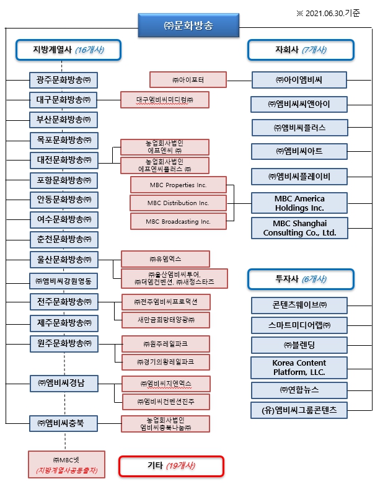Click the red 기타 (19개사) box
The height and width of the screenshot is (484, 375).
coord(170,465)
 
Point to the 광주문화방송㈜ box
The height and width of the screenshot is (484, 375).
coord(63,80)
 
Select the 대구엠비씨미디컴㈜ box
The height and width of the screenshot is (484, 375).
coord(164,99)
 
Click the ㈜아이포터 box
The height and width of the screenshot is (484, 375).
coord(188,80)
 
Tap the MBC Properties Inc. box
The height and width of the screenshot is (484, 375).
coord(178,185)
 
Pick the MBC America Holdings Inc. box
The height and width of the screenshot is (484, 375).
coord(299,203)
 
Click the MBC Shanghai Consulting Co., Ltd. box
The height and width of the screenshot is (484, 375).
coord(299,227)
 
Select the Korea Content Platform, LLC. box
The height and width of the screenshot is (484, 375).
coord(299,367)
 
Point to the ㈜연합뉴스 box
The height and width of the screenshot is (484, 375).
coord(299,390)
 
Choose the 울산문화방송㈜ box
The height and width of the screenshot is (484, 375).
coord(63,259)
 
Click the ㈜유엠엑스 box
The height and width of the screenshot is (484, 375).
coord(165,258)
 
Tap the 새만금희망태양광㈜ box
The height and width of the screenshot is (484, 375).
coord(165,320)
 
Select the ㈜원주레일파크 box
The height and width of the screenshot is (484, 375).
coord(165,343)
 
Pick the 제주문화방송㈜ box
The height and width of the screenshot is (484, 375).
coord(63,323)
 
